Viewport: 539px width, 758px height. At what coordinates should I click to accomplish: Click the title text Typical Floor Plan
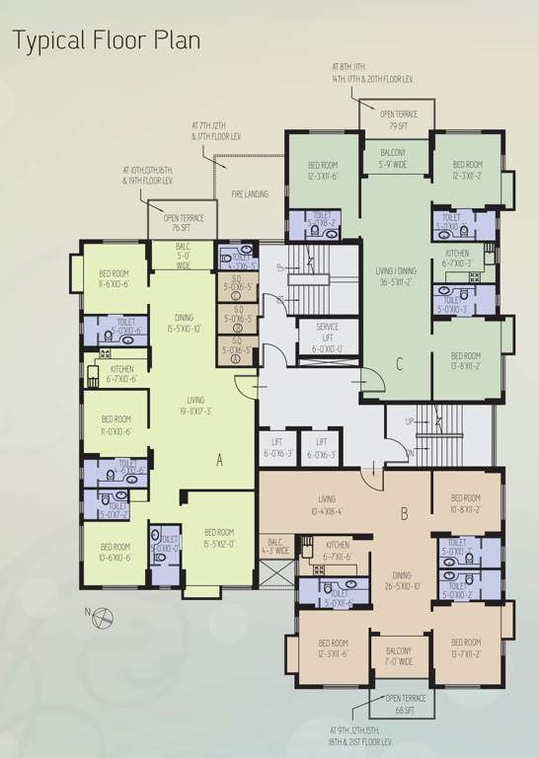coord(106,40)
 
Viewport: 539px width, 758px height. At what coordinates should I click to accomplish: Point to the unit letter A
coord(219,458)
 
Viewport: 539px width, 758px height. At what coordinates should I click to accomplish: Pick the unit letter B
coord(404,514)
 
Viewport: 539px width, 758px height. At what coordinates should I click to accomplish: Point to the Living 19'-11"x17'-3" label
coord(195,406)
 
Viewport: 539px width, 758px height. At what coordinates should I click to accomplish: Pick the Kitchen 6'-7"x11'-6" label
coord(338,551)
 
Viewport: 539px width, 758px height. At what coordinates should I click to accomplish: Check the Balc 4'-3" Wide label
coord(276,546)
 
